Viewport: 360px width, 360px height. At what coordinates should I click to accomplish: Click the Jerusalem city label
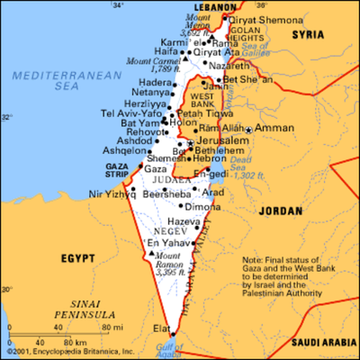pos(223,141)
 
